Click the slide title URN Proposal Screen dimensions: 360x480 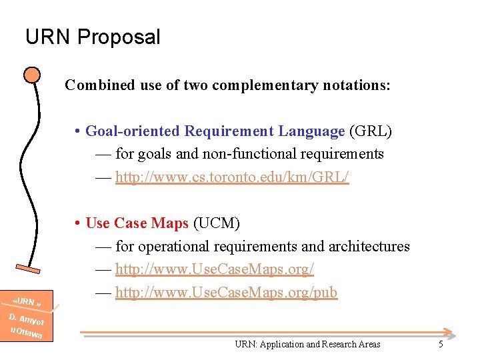coord(93,37)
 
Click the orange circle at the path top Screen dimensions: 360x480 coord(31,74)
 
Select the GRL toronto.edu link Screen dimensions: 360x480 coord(232,177)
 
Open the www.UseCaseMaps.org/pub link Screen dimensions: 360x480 coord(226,292)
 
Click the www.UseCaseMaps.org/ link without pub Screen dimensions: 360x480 coord(215,269)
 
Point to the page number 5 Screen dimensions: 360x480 coord(441,344)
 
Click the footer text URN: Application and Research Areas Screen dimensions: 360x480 coord(307,344)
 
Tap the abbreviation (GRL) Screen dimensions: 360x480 coord(371,131)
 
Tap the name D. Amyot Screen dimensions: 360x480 coord(27,319)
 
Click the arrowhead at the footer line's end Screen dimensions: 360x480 coord(451,333)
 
